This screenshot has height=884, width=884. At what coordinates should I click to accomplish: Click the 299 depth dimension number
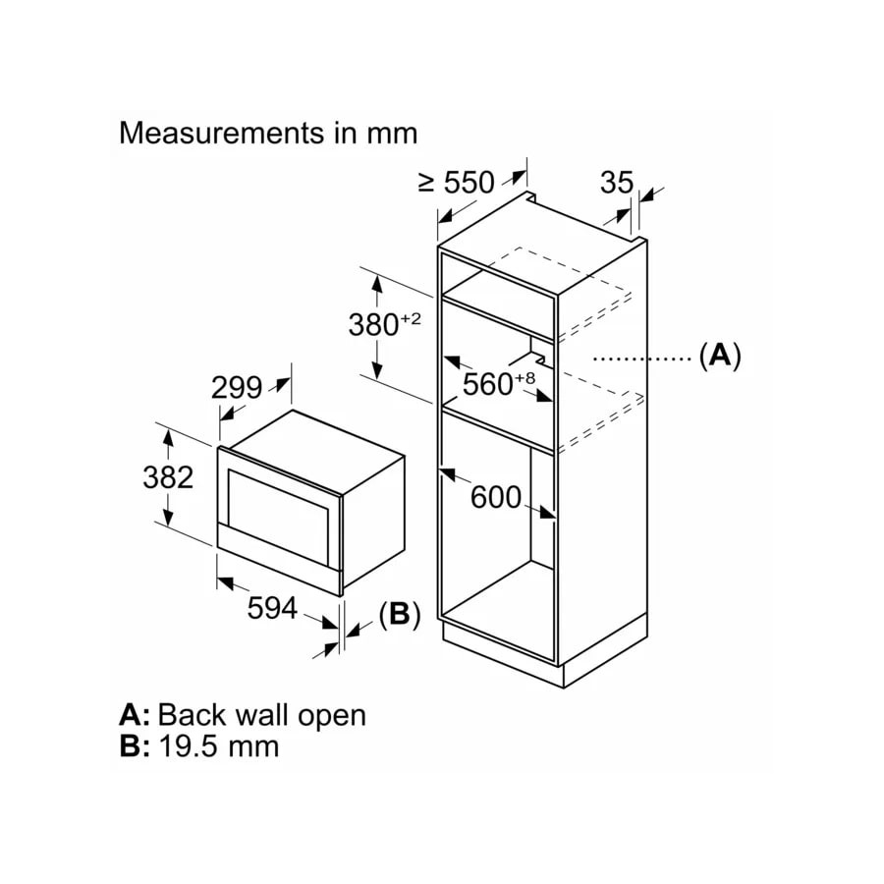[237, 388]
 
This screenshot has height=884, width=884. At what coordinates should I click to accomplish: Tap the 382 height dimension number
[168, 477]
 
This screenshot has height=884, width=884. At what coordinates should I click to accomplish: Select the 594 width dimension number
[272, 608]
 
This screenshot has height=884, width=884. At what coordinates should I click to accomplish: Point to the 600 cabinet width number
[496, 497]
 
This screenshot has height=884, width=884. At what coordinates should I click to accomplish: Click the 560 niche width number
[487, 384]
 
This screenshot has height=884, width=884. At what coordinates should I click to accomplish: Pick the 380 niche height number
[373, 325]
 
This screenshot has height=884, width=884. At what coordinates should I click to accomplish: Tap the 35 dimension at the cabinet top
[617, 182]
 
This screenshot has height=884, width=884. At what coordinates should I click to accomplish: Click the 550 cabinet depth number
[470, 182]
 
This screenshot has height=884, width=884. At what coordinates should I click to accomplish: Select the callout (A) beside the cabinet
[720, 356]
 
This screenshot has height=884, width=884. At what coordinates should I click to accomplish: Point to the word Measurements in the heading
[222, 133]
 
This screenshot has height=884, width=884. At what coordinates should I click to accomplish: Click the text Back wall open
[262, 715]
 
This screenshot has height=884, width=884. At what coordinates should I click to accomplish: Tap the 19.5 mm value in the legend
[219, 746]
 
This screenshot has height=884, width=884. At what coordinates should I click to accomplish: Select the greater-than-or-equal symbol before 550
[427, 182]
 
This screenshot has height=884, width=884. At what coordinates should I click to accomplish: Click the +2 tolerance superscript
[411, 319]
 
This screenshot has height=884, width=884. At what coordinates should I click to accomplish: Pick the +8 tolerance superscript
[525, 377]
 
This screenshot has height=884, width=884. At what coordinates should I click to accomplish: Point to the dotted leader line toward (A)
[643, 358]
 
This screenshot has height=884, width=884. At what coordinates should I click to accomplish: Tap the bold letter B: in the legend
[135, 746]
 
